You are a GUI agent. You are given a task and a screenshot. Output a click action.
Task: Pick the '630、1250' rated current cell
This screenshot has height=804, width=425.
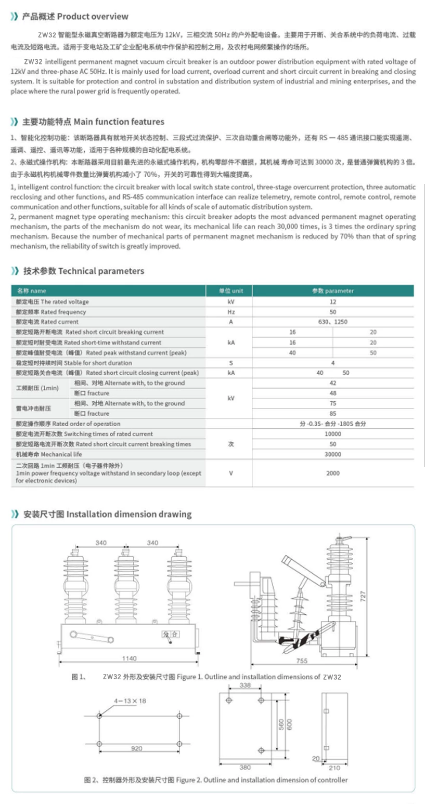click(x=333, y=322)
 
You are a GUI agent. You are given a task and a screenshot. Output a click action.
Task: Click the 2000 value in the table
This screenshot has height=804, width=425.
click(x=333, y=473)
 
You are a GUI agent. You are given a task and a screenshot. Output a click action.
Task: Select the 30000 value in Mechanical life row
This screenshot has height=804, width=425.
click(x=333, y=454)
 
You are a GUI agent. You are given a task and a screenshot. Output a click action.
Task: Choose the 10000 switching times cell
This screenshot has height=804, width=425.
click(x=333, y=433)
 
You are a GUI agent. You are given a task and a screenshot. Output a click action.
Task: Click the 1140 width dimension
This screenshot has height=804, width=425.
click(x=129, y=658)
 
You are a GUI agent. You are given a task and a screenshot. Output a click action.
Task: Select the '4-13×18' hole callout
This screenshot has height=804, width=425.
click(x=131, y=701)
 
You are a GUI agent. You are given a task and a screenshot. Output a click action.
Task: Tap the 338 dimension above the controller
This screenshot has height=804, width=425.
click(x=246, y=686)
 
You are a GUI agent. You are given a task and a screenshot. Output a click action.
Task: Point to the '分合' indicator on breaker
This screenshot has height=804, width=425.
click(x=170, y=634)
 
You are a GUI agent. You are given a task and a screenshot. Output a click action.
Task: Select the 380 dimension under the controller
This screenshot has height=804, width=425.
click(x=245, y=767)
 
